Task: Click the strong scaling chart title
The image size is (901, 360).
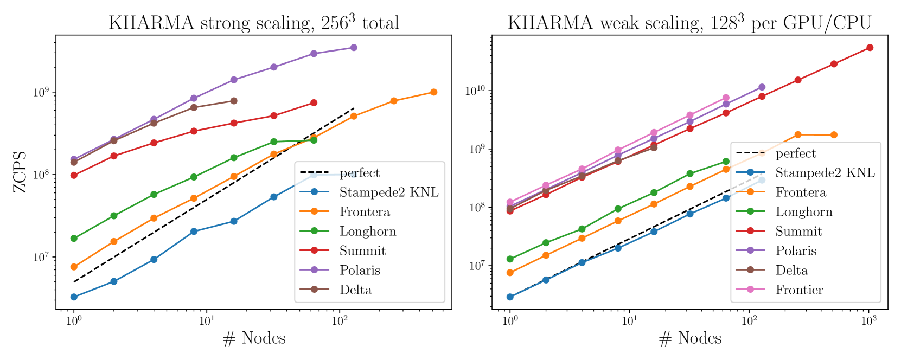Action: [x=253, y=23]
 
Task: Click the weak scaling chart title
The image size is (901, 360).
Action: [x=689, y=23]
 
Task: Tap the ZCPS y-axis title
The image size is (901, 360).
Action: [x=20, y=172]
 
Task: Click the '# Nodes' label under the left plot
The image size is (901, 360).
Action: [x=253, y=338]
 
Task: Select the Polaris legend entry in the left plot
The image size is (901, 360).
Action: [x=360, y=270]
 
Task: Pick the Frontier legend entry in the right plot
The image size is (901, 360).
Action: [x=799, y=290]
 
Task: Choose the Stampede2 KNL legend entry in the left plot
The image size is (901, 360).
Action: [x=389, y=192]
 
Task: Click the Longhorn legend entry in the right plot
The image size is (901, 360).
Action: [x=804, y=212]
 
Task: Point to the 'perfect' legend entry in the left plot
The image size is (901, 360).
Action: [x=360, y=173]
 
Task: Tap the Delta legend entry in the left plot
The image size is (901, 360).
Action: [x=356, y=290]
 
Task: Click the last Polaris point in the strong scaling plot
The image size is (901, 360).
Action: [x=354, y=48]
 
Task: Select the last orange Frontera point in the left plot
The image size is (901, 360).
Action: [x=433, y=92]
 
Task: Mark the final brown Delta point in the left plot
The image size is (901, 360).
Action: [x=234, y=101]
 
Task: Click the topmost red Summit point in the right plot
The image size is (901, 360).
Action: [x=870, y=48]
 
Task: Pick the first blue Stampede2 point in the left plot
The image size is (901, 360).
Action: [x=74, y=297]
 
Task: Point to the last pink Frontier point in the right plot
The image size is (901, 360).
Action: [x=726, y=98]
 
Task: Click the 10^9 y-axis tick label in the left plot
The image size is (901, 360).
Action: [x=41, y=92]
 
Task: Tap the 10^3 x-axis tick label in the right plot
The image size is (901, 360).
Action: [x=869, y=320]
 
